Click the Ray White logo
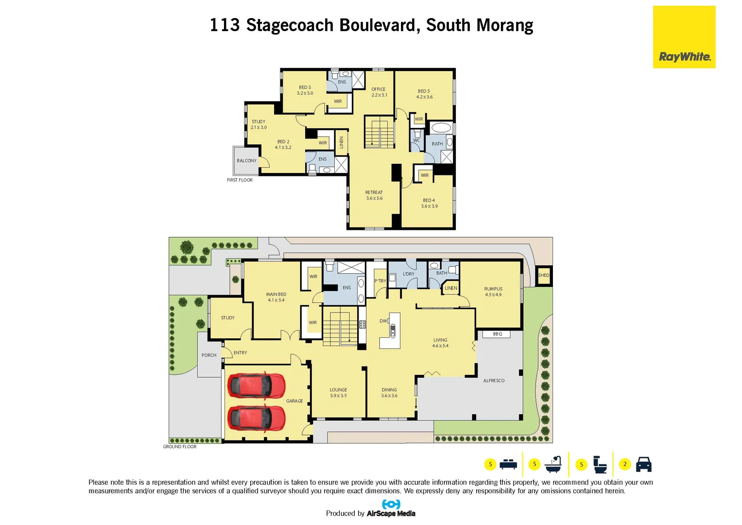[684, 37]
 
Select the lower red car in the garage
[256, 418]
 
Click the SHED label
[543, 275]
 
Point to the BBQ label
[497, 334]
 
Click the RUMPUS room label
[493, 292]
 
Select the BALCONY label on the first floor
[246, 160]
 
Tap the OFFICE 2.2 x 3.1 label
[379, 92]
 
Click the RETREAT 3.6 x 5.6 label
[374, 195]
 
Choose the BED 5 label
[424, 94]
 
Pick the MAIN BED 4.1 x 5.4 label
[276, 297]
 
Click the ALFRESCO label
[494, 381]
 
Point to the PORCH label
[209, 355]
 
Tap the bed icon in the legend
[508, 464]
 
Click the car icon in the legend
[643, 464]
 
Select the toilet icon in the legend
[601, 465]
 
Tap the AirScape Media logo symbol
[391, 504]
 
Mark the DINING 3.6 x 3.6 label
[389, 393]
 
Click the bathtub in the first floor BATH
[441, 128]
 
